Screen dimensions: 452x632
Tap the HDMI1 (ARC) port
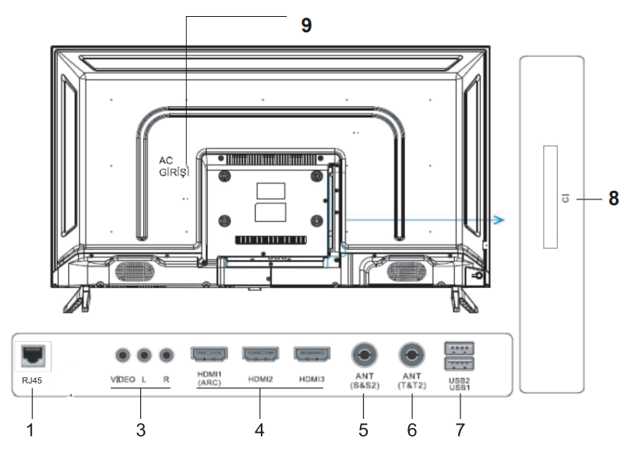207,354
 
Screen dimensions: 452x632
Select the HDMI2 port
260,354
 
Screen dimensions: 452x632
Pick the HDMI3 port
312,354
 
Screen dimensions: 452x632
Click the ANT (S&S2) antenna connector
364,354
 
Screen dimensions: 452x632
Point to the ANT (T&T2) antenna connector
411,354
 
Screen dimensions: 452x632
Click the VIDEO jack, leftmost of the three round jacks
122,354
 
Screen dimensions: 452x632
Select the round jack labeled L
145,354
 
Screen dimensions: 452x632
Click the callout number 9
306,26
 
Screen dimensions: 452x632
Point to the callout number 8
613,199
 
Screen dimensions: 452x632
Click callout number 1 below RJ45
31,430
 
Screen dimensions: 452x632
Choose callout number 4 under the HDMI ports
259,430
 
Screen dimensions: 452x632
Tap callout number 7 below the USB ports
460,430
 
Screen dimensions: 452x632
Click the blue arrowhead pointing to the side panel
500,220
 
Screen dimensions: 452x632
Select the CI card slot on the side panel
550,197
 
